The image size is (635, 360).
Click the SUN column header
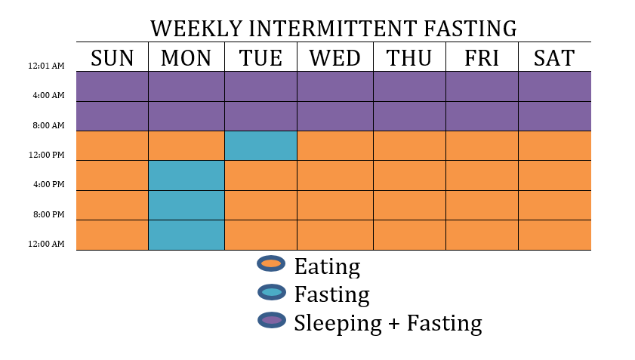pos(113,58)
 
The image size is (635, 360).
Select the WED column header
pos(335,58)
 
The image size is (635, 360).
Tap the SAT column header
pos(554,58)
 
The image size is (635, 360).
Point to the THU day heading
pos(409,58)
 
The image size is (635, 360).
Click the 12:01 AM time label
pos(46,66)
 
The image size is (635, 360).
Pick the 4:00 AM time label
pos(48,95)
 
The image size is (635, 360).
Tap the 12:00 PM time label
pos(46,155)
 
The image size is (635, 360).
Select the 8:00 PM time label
pos(48,214)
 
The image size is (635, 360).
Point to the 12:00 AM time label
pos(46,244)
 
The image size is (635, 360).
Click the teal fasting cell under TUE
pos(260,146)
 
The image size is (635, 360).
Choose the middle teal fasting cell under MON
pos(186,205)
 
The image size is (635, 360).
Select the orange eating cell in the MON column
pos(186,146)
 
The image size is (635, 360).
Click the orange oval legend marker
pos(271,263)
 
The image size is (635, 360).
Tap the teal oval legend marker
pos(271,292)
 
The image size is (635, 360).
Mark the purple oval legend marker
pos(271,320)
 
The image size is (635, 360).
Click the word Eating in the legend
pos(327,267)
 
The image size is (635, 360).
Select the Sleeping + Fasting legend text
pos(388,323)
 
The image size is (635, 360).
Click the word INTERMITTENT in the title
pos(332,29)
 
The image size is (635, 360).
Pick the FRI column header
pos(482,58)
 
